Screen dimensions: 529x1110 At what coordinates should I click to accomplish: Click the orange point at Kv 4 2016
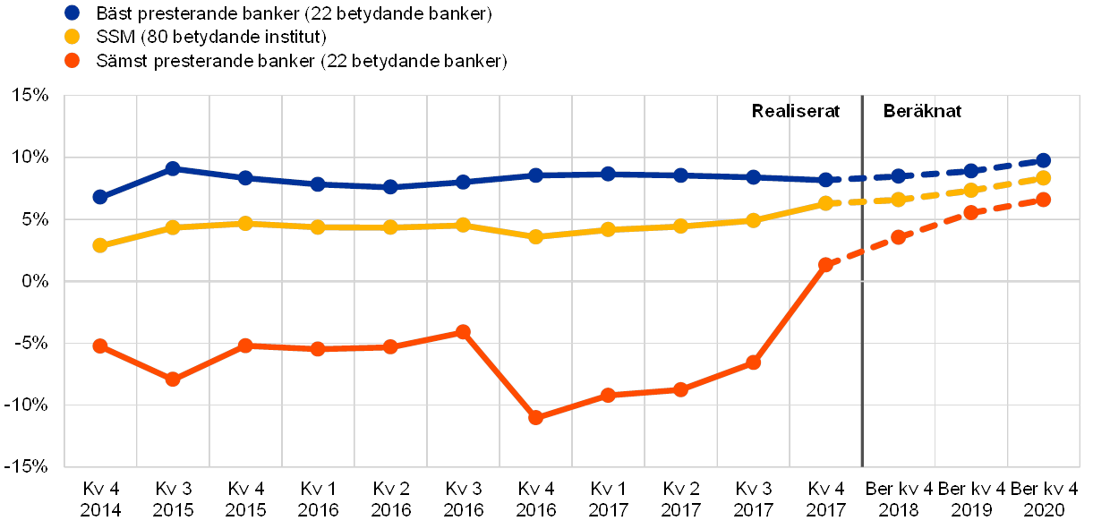535,417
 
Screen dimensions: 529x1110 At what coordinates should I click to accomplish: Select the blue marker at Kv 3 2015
173,168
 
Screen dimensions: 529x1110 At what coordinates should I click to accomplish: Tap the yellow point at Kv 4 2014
100,244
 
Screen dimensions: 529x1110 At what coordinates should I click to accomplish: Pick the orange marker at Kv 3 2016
463,331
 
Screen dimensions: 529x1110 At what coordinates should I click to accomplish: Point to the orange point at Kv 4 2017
825,264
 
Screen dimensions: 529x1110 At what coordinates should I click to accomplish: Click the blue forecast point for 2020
1043,160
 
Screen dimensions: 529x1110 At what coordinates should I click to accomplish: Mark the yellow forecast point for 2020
1043,177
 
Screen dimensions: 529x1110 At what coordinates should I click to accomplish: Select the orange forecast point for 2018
898,237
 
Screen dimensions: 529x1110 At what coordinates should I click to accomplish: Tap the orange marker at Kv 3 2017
753,363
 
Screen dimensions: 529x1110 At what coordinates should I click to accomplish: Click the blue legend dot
73,13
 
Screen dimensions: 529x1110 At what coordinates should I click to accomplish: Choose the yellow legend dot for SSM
73,38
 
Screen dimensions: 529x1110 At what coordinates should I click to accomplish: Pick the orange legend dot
73,62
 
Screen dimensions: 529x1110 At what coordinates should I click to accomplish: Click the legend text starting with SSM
210,38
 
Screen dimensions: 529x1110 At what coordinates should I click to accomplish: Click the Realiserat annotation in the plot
796,112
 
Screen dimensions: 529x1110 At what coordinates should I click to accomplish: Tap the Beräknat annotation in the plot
925,112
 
